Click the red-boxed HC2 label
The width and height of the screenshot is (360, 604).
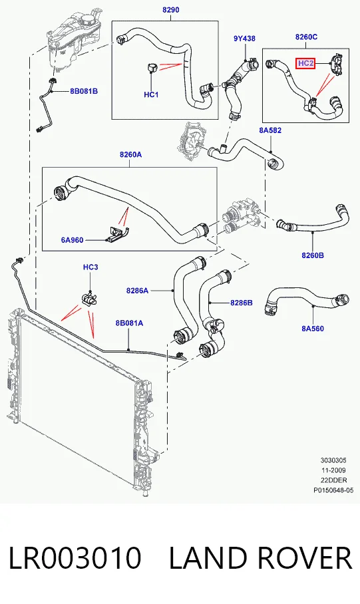coord(305,63)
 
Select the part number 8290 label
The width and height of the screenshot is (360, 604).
coord(171,9)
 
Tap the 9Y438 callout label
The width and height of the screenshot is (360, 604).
coord(244,39)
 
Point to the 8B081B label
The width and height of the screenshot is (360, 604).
coord(84,91)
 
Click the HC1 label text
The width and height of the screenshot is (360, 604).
coord(151,94)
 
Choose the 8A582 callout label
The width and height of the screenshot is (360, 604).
coord(270,130)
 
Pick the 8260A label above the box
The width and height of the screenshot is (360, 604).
coord(130,155)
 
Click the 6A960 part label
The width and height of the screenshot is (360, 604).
coord(72,240)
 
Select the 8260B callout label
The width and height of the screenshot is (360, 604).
coord(313,255)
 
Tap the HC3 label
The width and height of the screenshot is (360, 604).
coord(90,267)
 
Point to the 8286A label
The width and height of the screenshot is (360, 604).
coord(137,291)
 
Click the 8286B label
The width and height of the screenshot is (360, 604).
coord(242,303)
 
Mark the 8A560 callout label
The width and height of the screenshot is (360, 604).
coord(313,329)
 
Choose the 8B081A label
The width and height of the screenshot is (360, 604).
coord(129,323)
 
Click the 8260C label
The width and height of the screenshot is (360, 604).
coord(306,37)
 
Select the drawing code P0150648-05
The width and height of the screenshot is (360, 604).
coord(333,490)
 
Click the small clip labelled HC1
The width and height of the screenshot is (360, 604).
coord(150,69)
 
